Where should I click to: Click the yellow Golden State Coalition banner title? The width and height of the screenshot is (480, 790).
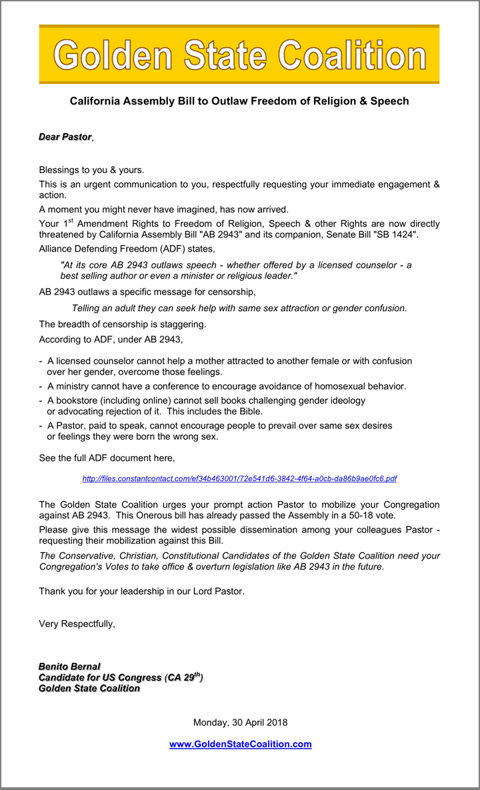239,55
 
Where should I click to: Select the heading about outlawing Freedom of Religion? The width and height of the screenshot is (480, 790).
239,101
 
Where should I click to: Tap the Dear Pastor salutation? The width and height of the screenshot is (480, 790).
65,137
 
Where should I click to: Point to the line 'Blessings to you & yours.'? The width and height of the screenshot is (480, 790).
91,170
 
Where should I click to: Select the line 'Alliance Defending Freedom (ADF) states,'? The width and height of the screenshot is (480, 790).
127,249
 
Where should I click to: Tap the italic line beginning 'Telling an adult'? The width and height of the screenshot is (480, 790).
239,308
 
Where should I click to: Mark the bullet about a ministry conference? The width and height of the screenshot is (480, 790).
227,386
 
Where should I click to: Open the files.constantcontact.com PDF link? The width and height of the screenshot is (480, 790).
239,478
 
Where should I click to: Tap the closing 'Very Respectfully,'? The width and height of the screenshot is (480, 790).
77,624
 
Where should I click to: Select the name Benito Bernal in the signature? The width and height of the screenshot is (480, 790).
69,666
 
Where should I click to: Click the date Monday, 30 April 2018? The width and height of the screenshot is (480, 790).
240,722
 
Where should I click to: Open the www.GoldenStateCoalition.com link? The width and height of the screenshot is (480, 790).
240,744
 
